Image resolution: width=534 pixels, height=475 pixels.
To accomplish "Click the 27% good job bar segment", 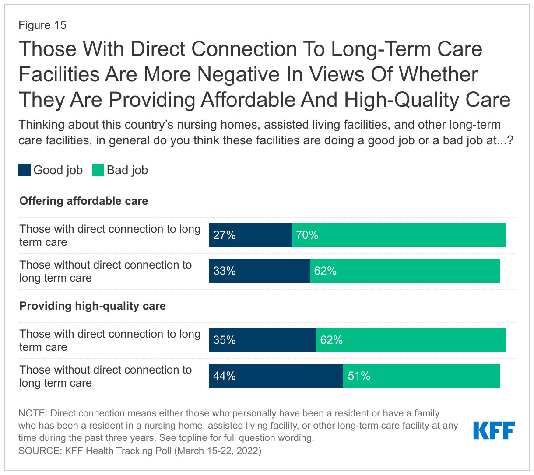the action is (250, 235).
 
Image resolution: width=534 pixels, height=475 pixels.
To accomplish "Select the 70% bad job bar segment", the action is (398, 235).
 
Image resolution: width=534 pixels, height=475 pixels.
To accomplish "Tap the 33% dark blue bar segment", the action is (260, 271).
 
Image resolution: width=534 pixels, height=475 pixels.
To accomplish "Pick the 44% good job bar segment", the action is (276, 376).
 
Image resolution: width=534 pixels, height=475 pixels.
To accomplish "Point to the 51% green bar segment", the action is (421, 376).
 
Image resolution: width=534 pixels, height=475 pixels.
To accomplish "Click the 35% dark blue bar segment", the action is (263, 340).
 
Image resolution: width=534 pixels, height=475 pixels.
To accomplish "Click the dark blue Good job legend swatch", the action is (25, 170).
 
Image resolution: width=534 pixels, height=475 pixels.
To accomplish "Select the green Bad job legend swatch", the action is (98, 170).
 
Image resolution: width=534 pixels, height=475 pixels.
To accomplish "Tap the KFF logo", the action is (494, 430).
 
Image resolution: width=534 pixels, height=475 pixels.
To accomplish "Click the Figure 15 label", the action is (42, 25).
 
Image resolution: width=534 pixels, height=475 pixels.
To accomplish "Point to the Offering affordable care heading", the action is (84, 201).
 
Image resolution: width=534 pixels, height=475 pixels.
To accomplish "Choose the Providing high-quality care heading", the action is (92, 306).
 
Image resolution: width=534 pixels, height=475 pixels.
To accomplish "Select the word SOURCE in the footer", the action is (39, 451).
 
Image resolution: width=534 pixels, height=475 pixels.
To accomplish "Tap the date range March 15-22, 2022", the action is (218, 451).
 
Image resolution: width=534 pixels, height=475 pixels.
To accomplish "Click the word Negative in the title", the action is (238, 74).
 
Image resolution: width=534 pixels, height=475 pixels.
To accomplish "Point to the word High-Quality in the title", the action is (402, 100).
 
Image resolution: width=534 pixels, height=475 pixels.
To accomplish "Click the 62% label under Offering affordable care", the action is (325, 271).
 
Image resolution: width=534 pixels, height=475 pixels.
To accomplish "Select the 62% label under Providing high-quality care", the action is (331, 340).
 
